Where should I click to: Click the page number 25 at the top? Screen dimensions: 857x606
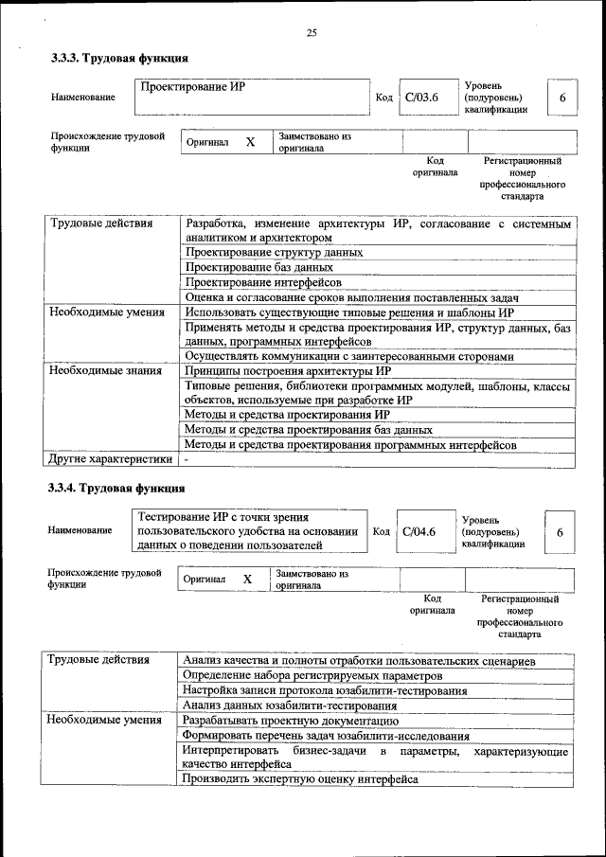coord(311,34)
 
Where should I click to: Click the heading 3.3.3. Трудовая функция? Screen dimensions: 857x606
coord(113,59)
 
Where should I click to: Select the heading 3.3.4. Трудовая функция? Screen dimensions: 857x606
coord(113,488)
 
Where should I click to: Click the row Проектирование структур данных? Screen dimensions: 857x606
coord(275,253)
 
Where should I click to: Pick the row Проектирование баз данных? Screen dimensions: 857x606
coord(259,267)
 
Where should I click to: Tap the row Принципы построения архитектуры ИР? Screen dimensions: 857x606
coord(288,371)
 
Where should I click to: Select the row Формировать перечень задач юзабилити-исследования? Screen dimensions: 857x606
coord(326,736)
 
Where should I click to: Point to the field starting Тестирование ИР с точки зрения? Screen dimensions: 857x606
coord(248,531)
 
